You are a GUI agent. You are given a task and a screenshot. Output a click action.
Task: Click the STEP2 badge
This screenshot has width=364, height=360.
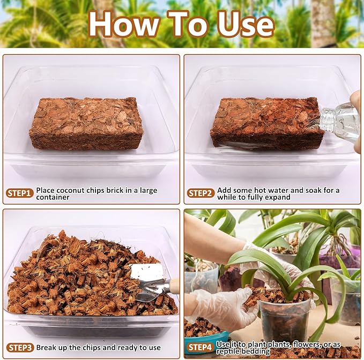tap(201, 193)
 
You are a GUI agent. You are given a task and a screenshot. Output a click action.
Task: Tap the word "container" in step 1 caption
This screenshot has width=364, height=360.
tap(53, 197)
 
